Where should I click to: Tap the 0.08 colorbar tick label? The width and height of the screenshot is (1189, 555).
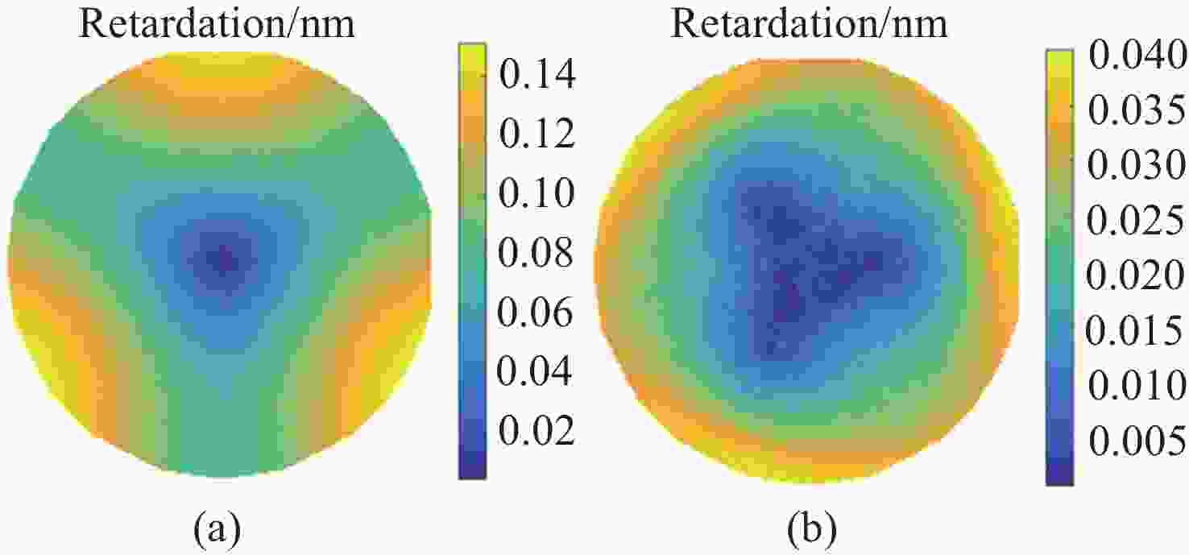(x=536, y=254)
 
